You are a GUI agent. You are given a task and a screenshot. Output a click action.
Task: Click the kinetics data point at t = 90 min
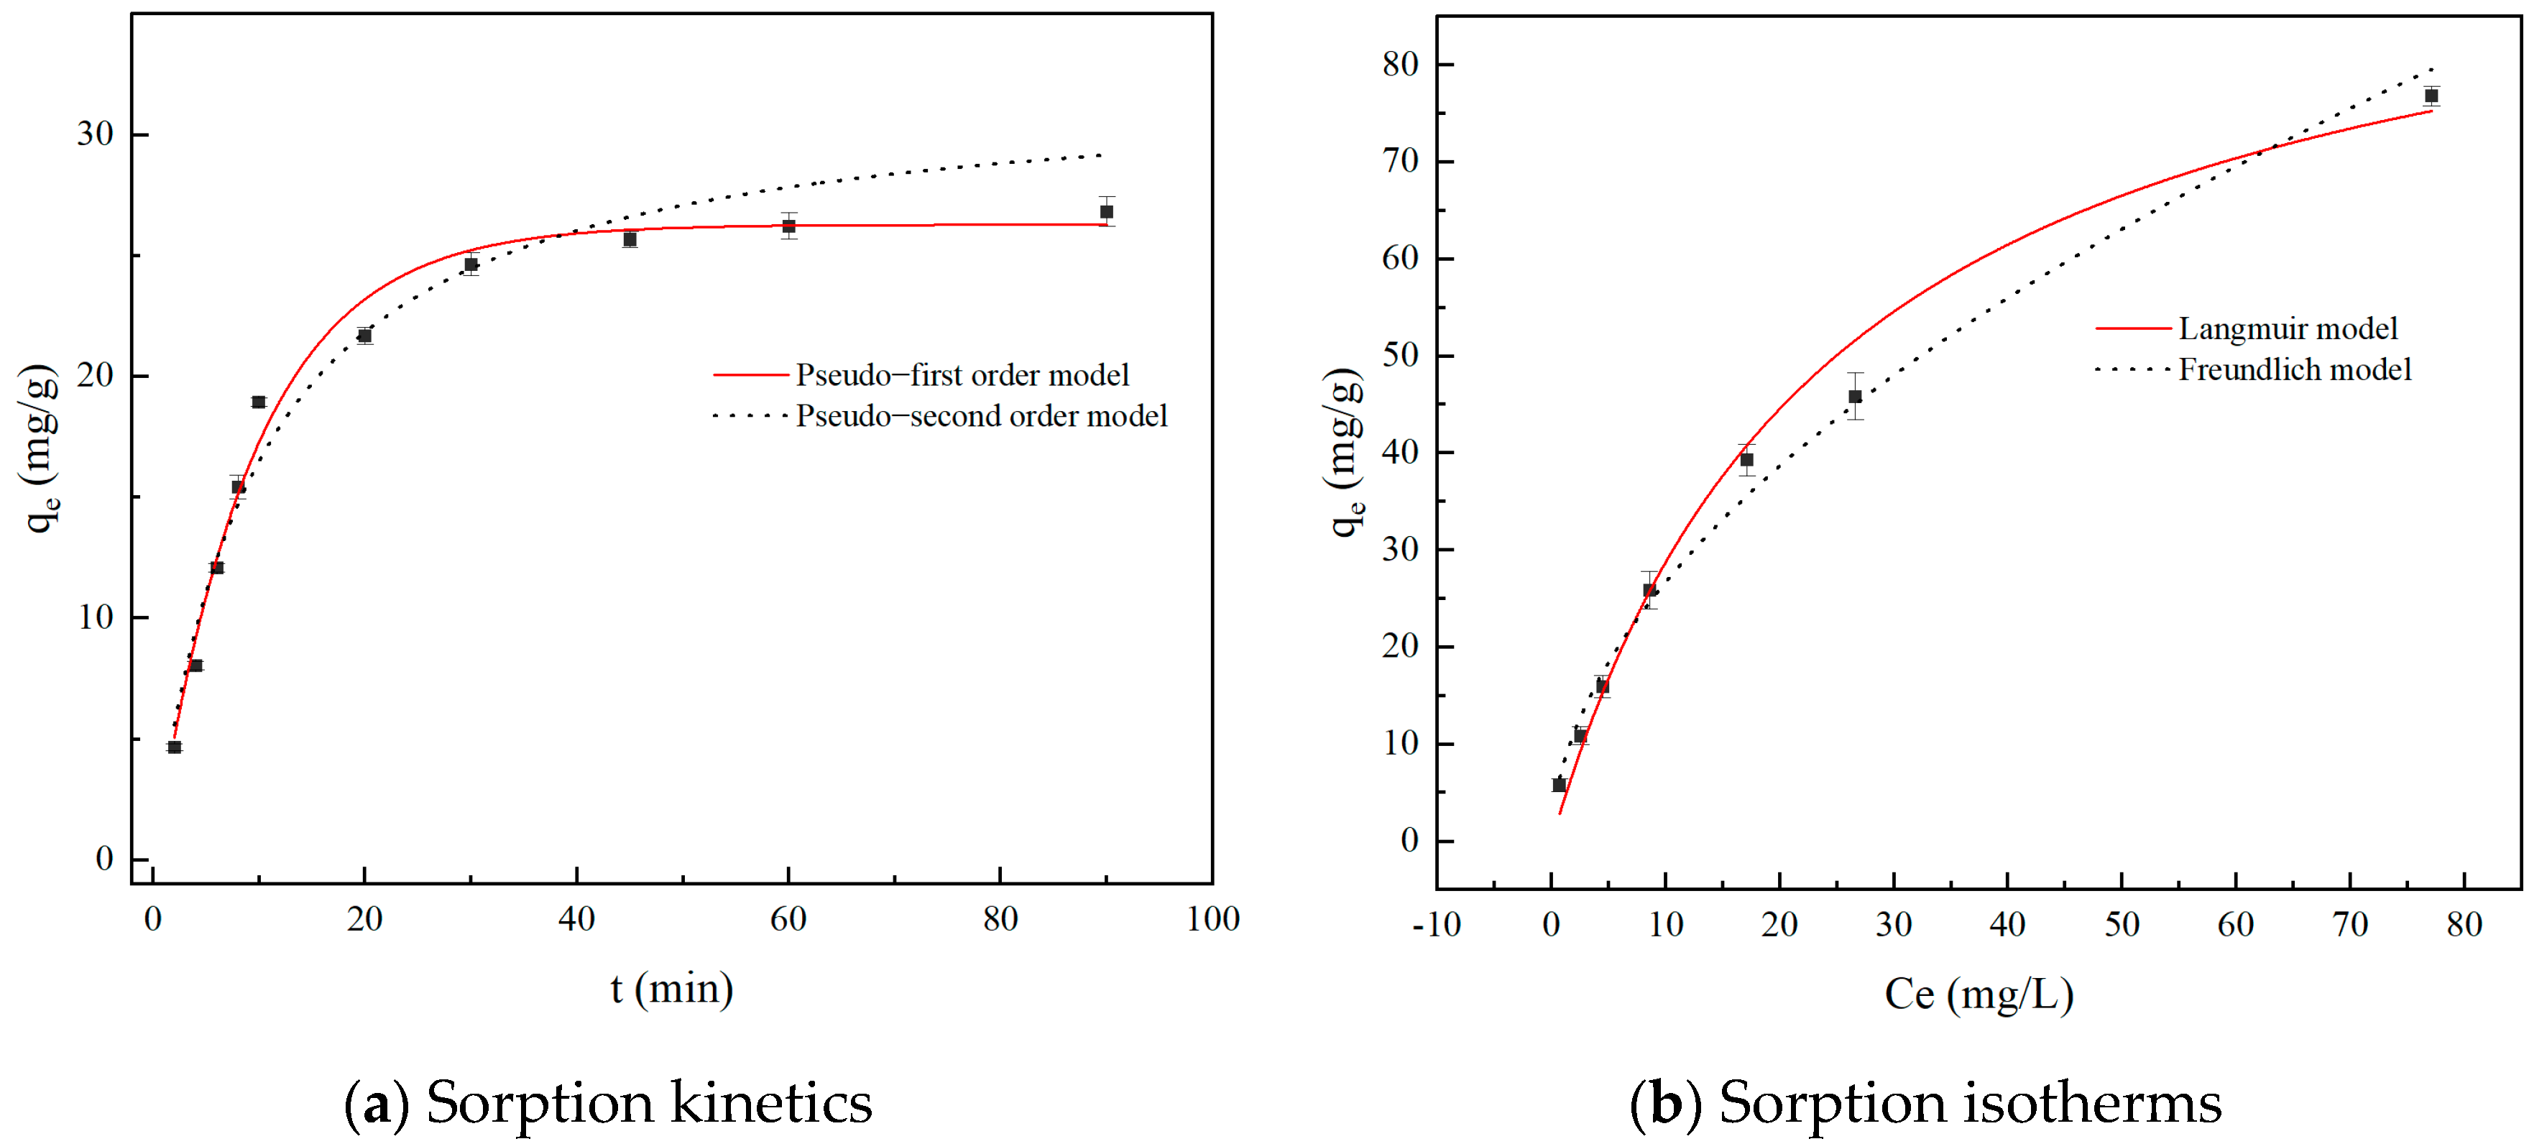click(x=1106, y=211)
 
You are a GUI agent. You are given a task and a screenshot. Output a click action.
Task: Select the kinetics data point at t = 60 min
click(x=788, y=226)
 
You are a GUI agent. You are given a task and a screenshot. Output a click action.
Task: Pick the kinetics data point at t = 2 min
click(x=174, y=747)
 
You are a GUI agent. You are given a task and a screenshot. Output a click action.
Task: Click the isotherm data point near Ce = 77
click(x=2431, y=96)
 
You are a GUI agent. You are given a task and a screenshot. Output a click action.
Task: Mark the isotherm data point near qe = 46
click(x=1855, y=397)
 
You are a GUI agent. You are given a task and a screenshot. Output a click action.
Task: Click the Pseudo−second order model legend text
click(x=981, y=415)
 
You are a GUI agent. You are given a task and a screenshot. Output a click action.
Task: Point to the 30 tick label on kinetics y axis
click(x=95, y=134)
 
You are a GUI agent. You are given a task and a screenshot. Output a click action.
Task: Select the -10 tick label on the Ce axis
click(x=1436, y=926)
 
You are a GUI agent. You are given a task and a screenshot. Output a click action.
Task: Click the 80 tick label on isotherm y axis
click(x=1400, y=64)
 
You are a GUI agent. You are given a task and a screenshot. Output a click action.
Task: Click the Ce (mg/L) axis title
click(x=1979, y=994)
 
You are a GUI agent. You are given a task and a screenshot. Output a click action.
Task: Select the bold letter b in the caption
click(x=1665, y=1102)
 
